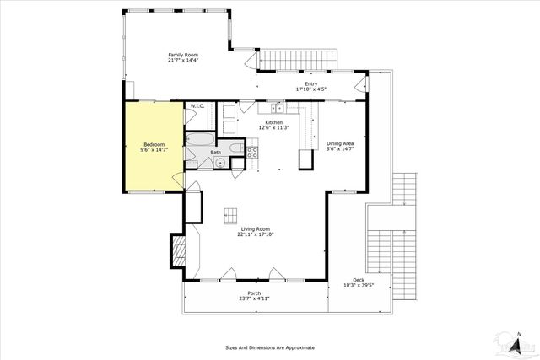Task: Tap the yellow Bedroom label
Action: click(154, 143)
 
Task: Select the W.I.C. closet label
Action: click(197, 106)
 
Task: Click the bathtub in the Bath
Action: click(200, 139)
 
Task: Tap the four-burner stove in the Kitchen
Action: click(251, 152)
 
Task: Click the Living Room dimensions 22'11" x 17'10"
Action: click(257, 234)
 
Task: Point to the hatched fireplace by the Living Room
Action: click(178, 250)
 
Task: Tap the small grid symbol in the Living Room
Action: click(230, 215)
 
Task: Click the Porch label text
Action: click(254, 293)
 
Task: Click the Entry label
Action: click(311, 83)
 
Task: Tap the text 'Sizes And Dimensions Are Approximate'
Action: click(270, 347)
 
